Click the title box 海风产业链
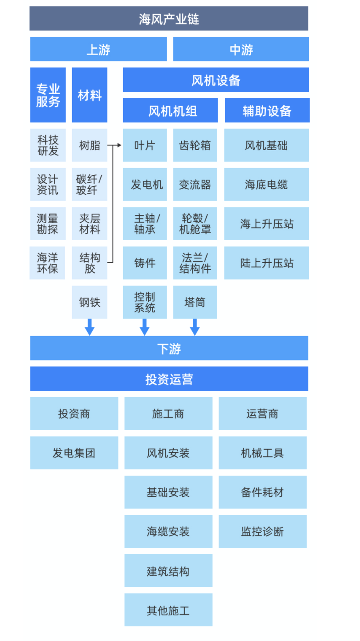(169, 19)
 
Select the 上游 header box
(98, 49)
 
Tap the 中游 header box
(241, 49)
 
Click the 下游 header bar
(169, 349)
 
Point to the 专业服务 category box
(48, 95)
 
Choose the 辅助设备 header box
(267, 111)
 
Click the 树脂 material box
(90, 146)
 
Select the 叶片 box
(145, 146)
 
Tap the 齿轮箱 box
(195, 146)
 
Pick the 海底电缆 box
(266, 185)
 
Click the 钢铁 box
(90, 302)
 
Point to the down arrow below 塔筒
(195, 327)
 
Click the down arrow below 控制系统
(145, 327)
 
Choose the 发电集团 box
(74, 453)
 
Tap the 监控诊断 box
(262, 532)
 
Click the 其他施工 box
(168, 610)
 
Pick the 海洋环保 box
(48, 263)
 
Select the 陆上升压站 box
(266, 263)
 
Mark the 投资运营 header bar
(169, 379)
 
